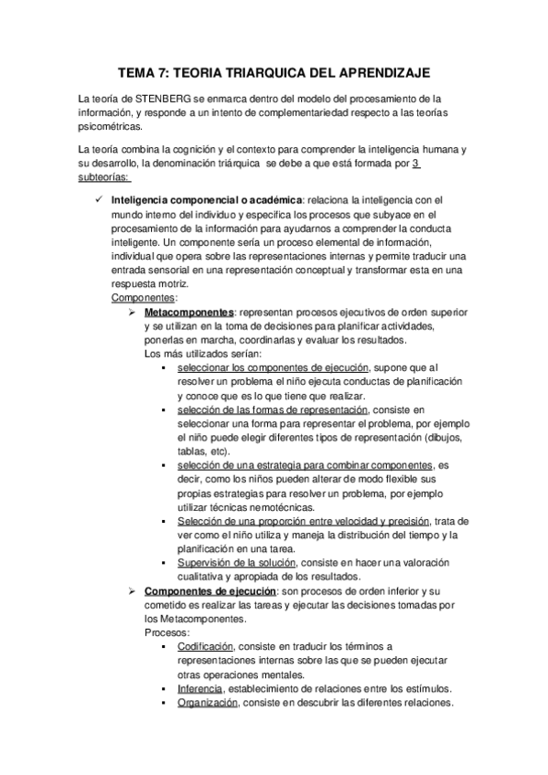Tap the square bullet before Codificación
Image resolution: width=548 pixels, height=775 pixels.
[163, 646]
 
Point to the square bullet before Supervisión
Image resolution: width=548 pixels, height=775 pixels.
[163, 563]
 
